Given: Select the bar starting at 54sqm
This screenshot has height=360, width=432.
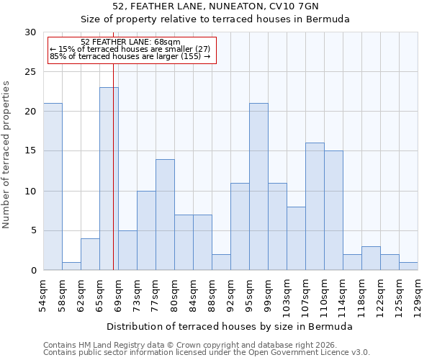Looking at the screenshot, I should point(53,186).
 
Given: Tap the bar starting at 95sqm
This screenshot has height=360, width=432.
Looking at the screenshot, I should point(258,186).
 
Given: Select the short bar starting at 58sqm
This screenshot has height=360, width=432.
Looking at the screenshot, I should point(71,266).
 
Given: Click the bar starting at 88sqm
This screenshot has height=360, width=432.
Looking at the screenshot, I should point(221,262).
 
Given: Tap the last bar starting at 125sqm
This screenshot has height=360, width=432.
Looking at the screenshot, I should point(408,266).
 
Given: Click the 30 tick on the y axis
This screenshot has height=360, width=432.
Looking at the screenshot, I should point(30,32).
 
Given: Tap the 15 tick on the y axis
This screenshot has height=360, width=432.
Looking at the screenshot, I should point(30,151).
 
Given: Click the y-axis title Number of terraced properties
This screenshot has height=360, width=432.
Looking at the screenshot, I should point(6,154).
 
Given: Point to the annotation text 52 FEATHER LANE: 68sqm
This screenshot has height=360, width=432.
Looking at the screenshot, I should point(130,42).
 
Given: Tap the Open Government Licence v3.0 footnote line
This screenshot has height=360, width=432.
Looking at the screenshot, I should point(207,352).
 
